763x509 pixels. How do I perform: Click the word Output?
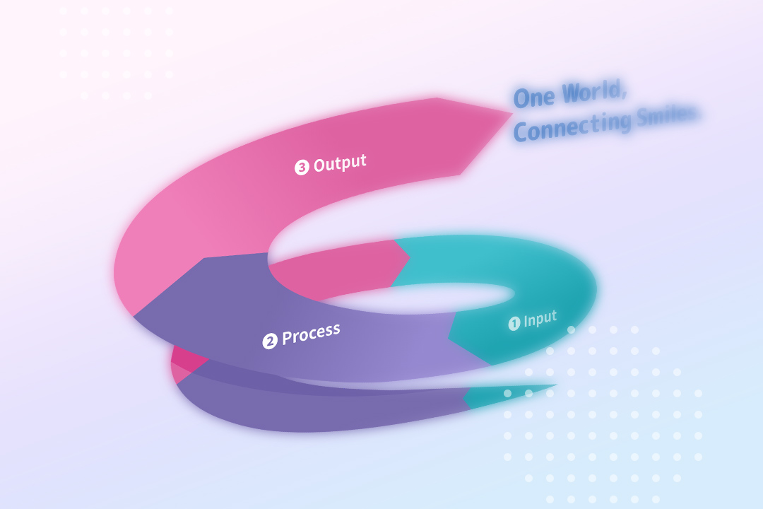[340, 163]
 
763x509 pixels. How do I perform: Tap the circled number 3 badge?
[302, 168]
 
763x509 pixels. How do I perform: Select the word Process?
[311, 334]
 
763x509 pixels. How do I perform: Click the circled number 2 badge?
[270, 341]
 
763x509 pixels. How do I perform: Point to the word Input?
[540, 320]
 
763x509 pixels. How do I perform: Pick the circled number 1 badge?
[514, 323]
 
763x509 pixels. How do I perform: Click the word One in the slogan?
[534, 98]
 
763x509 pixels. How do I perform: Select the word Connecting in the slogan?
[572, 127]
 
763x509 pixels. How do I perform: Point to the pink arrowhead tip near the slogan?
[512, 114]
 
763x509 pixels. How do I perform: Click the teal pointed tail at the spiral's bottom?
[555, 385]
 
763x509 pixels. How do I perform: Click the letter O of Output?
[320, 165]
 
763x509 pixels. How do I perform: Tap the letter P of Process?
[288, 337]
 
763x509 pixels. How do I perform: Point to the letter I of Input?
[526, 322]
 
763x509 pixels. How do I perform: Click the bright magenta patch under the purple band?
[187, 361]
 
